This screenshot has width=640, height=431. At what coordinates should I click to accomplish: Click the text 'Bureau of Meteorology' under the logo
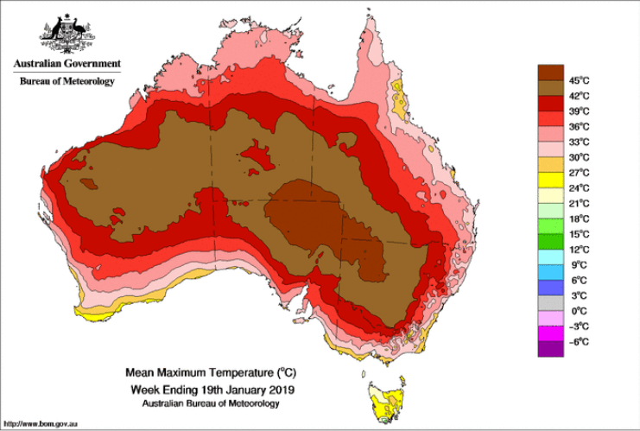[66, 81]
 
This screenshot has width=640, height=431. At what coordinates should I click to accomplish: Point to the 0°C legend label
[579, 311]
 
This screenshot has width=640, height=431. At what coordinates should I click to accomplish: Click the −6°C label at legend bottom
[579, 342]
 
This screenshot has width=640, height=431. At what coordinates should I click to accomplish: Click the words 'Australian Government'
[66, 64]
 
